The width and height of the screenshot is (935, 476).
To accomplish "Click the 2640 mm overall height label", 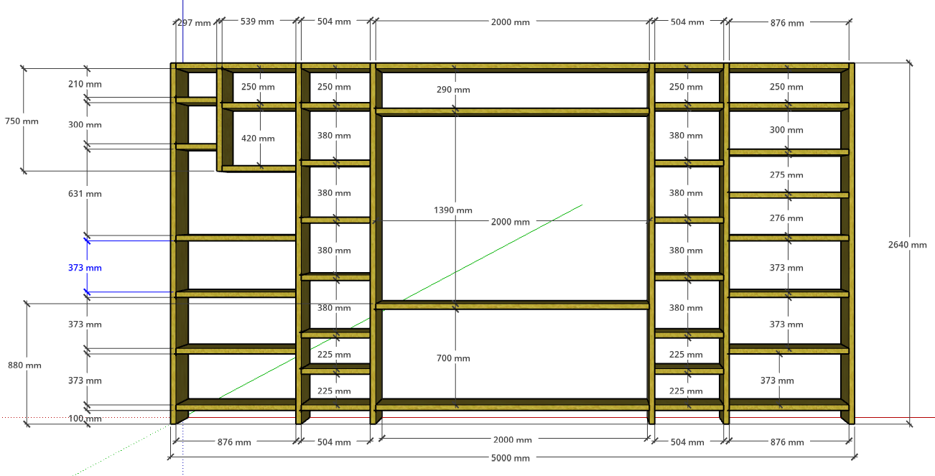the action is pos(907,245).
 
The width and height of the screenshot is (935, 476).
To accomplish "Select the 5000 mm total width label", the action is pos(510,458).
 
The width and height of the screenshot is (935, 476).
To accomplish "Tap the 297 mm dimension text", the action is pos(194,23).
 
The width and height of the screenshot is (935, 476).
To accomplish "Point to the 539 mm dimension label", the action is pos(257,22).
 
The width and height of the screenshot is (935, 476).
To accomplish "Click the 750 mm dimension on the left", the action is pos(22,121).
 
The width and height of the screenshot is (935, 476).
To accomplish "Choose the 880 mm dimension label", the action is pos(24,365).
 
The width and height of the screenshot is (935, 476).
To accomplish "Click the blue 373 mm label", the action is pos(85,268).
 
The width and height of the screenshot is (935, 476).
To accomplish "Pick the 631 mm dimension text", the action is pos(85,194).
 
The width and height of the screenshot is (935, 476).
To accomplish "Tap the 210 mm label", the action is pos(85,84).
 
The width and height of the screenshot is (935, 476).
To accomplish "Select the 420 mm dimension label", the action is pos(258,139).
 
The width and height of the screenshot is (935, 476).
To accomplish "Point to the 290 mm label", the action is pos(453,90).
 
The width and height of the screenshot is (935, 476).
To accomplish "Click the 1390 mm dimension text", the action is pos(453,210).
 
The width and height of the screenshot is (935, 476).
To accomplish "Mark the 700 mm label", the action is pos(453,358).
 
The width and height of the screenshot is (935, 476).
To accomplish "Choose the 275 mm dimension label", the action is pos(786,175).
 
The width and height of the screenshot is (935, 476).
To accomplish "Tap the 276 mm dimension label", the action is pos(786,218).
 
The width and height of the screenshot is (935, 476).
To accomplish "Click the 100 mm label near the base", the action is pos(85,419).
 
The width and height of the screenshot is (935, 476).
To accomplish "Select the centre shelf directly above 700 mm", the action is pos(512,305).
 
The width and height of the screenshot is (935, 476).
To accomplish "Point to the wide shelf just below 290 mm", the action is pos(512,112).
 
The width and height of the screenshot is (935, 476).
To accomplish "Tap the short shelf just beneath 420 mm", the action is pos(259,169).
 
